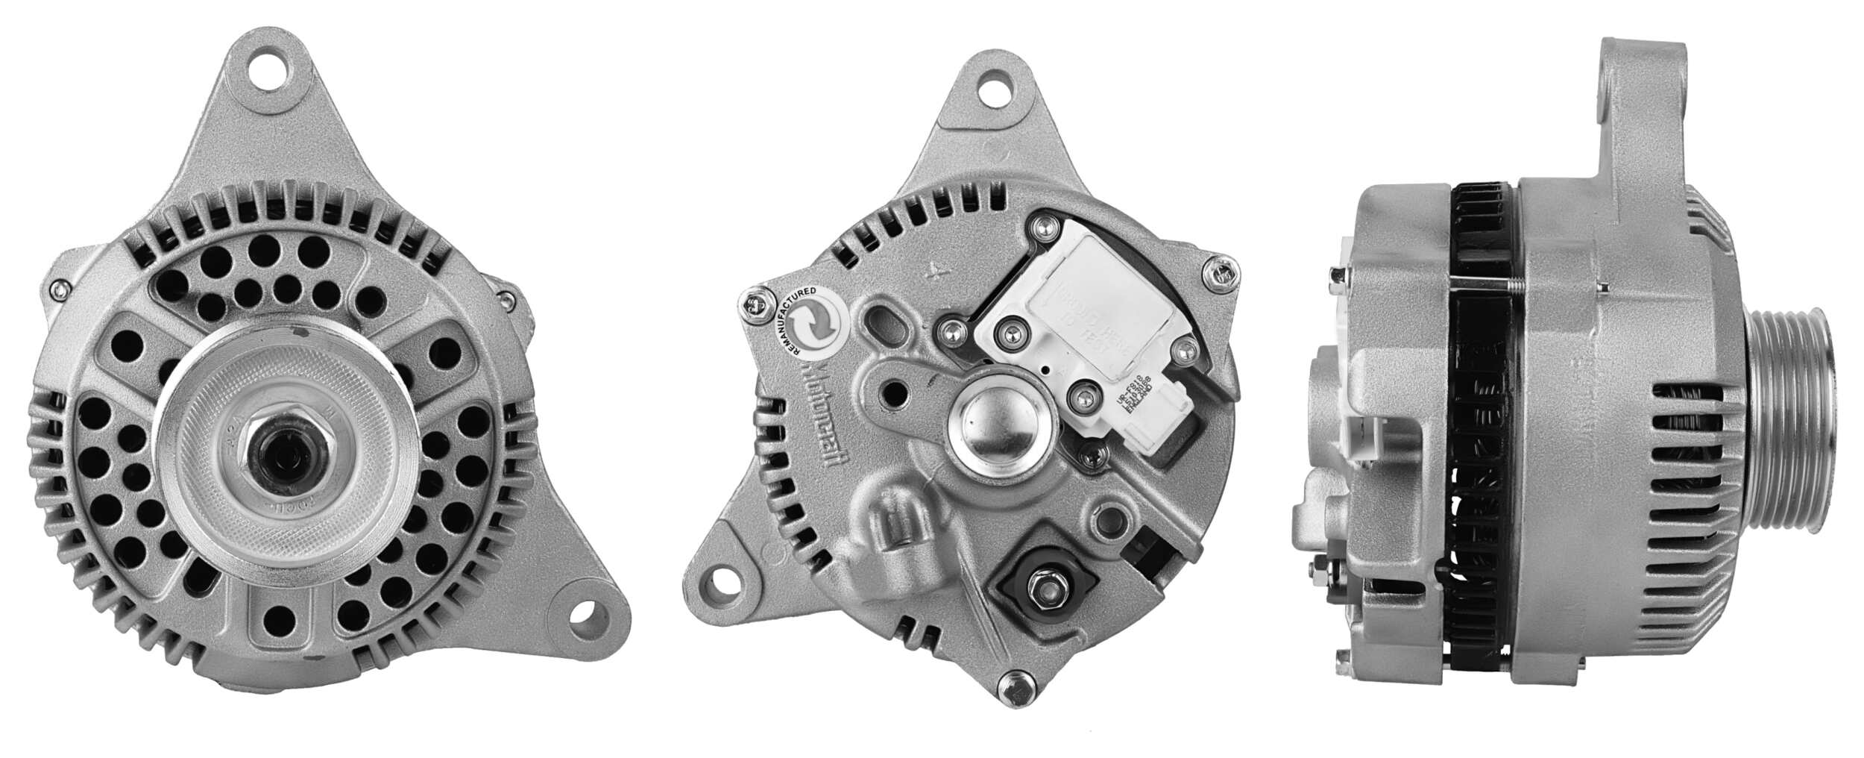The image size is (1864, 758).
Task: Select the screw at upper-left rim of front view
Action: click(x=58, y=288)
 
